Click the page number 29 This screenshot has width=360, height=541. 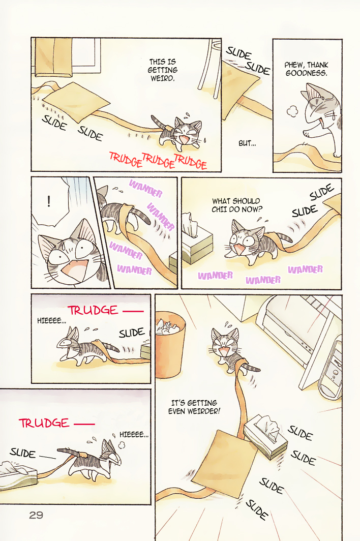[36, 515]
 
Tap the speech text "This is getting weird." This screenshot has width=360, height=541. [162, 70]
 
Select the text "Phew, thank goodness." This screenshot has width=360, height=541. [306, 69]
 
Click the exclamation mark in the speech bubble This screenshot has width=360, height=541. [48, 201]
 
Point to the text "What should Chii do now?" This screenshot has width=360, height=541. [236, 205]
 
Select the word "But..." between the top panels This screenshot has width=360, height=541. [247, 143]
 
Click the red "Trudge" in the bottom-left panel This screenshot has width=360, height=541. [44, 423]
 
